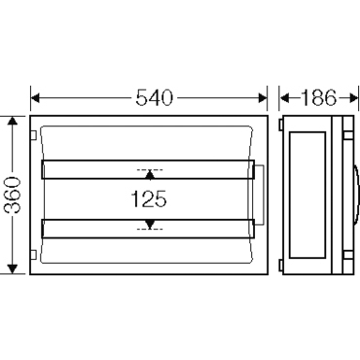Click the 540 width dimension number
(154, 98)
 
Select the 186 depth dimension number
(319, 98)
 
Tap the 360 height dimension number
(14, 195)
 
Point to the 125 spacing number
(149, 198)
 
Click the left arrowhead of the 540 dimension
(35, 98)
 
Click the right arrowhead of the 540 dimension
(263, 98)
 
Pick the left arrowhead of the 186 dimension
(284, 98)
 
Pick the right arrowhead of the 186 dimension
(353, 98)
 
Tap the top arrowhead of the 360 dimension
(13, 122)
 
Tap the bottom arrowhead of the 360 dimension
(13, 270)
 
